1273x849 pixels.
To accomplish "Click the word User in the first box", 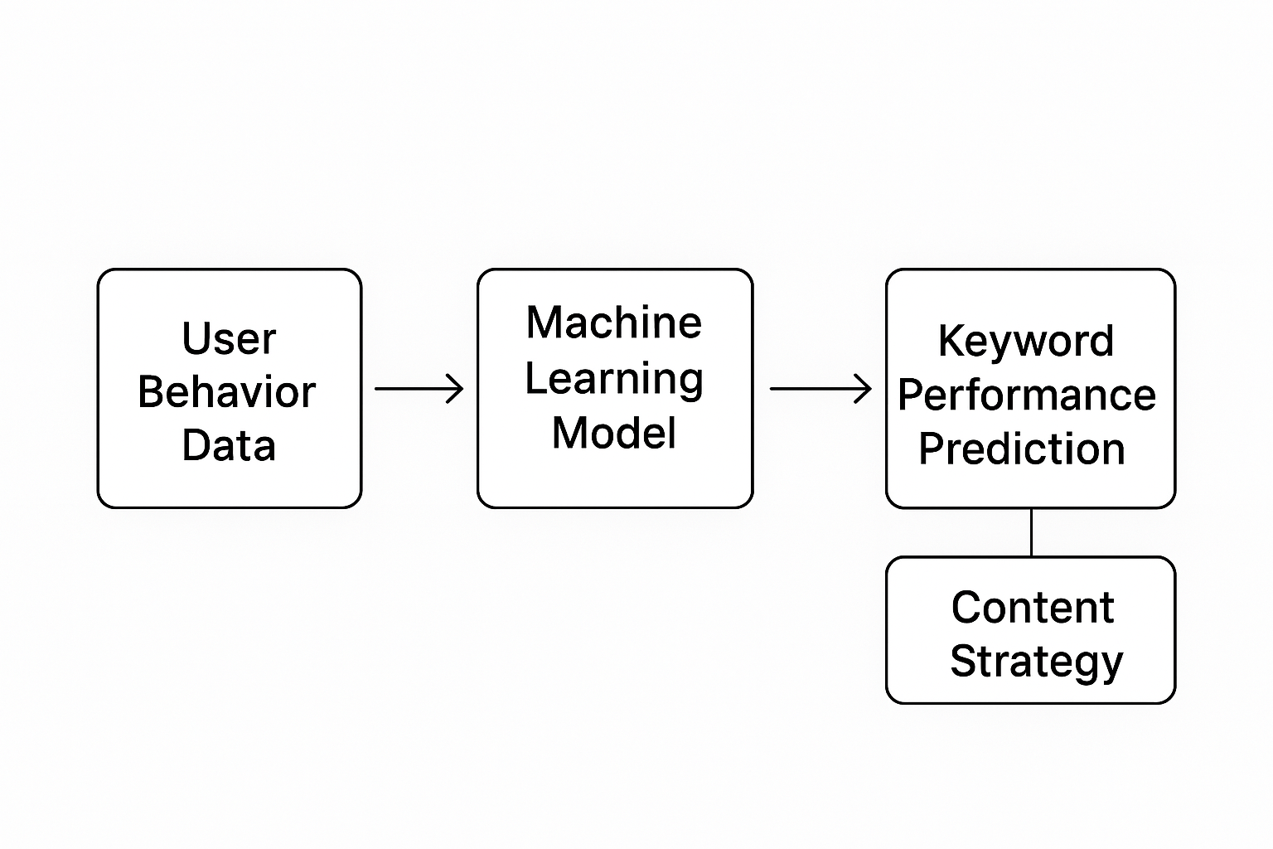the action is (x=229, y=338).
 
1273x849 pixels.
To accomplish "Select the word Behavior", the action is (x=227, y=392).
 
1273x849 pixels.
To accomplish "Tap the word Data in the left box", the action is (x=229, y=445).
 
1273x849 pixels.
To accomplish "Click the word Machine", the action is (x=614, y=323).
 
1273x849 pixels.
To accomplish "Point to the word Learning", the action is (x=614, y=380).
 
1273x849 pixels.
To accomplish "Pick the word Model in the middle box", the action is (x=614, y=433).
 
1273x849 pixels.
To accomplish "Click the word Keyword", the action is (x=1026, y=342).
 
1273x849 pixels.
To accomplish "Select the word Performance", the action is (x=1027, y=395).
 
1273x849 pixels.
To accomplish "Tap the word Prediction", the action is (x=1022, y=449).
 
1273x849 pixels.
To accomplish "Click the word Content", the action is (x=1033, y=608).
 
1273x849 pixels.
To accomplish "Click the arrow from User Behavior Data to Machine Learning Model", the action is (x=419, y=389).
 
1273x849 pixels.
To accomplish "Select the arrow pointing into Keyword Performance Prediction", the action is (x=820, y=389).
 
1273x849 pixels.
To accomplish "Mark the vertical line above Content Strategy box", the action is (x=1032, y=532).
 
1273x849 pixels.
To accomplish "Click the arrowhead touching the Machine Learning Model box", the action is (x=456, y=389).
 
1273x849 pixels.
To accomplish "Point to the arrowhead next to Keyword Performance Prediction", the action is (x=864, y=389).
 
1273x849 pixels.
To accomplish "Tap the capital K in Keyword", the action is (x=952, y=340).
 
